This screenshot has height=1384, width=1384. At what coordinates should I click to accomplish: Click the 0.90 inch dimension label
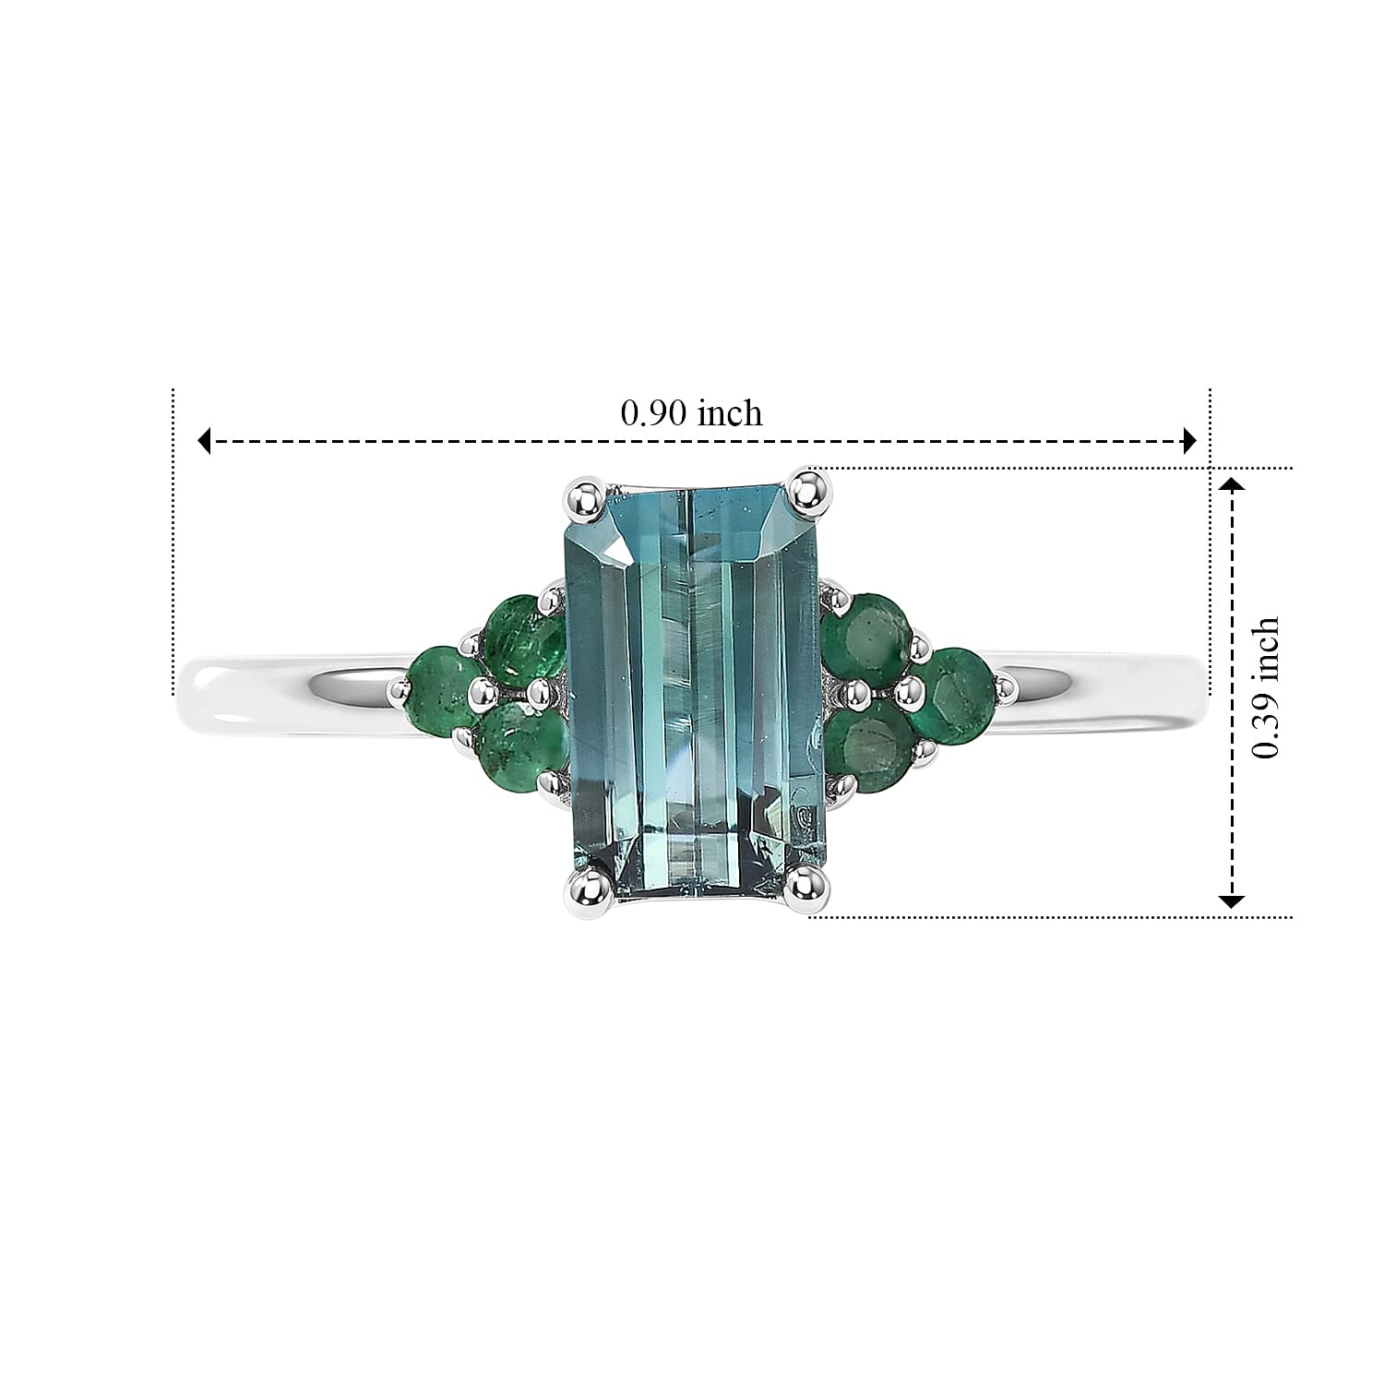691,412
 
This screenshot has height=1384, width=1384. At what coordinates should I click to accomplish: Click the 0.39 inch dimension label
1264,687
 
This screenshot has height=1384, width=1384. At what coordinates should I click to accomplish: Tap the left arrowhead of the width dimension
206,441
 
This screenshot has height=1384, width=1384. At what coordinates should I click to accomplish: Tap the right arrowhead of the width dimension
1189,441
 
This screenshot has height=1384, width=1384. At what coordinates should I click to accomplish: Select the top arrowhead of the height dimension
1233,485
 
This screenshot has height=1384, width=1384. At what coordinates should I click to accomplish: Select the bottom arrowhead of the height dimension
1233,900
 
